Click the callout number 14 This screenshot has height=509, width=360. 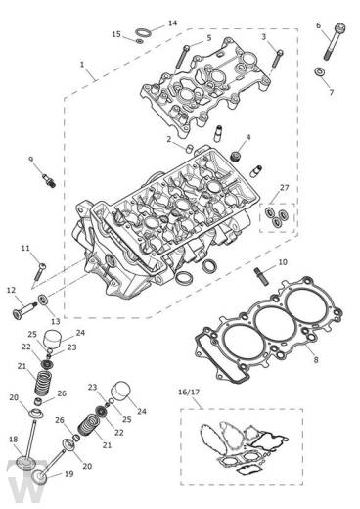coord(172,23)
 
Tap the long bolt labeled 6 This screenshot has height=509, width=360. coord(334,41)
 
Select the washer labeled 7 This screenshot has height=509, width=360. coord(319,72)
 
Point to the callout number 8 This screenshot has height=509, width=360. coord(316,360)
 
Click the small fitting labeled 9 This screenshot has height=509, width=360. coord(49,180)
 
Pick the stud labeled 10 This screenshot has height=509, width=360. coord(260,276)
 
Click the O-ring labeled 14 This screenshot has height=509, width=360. coord(143,32)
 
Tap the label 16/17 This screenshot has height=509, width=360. coord(189,392)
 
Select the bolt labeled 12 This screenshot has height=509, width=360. coord(24,310)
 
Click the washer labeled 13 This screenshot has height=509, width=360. coord(43,299)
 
